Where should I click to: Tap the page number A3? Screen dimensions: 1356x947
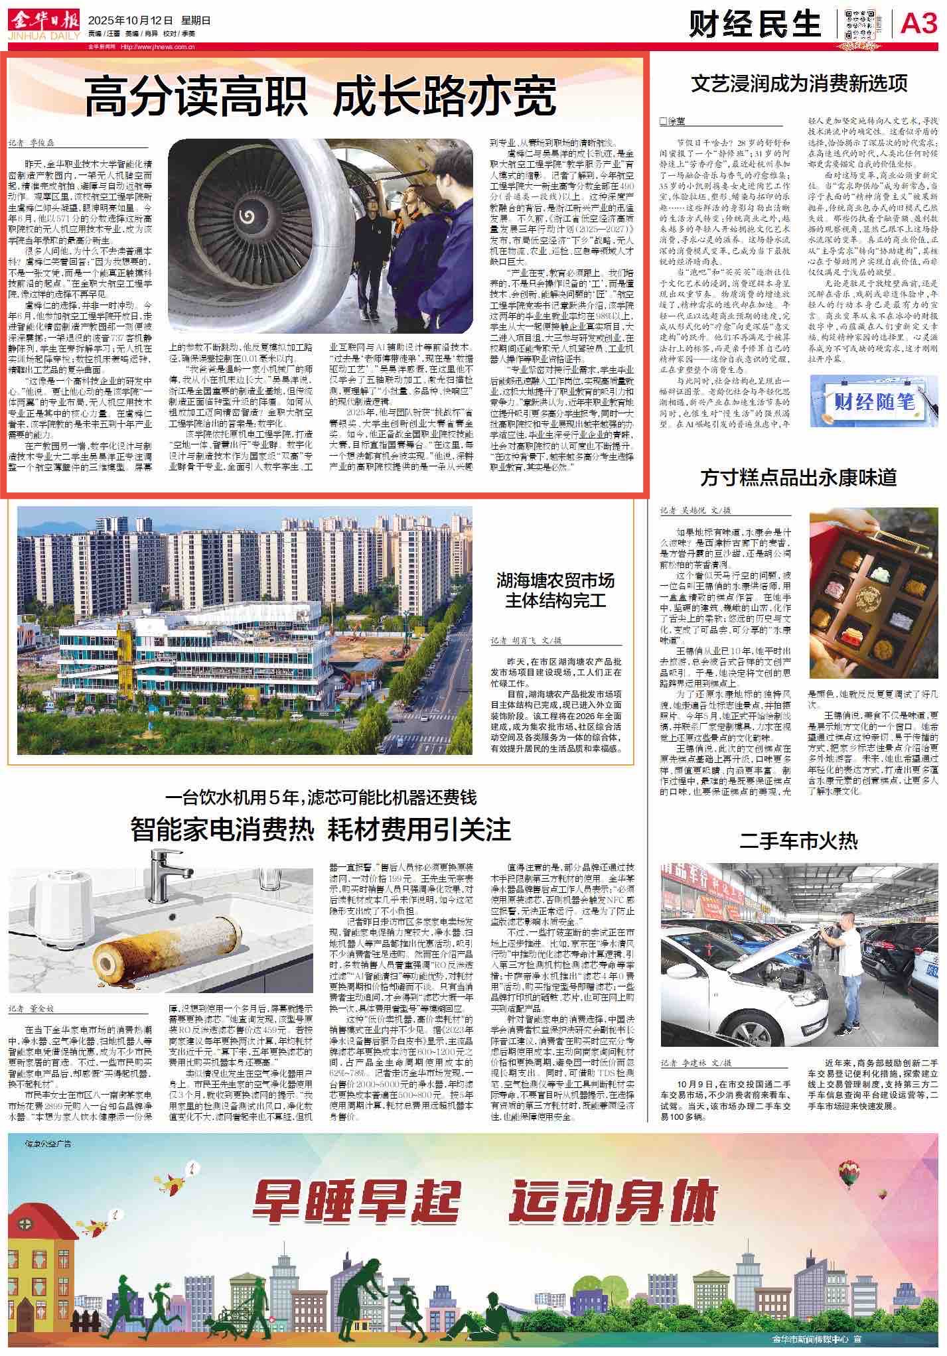coord(918,25)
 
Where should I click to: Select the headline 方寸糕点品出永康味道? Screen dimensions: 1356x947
coord(799,477)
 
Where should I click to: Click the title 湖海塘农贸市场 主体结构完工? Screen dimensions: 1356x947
coord(556,592)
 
